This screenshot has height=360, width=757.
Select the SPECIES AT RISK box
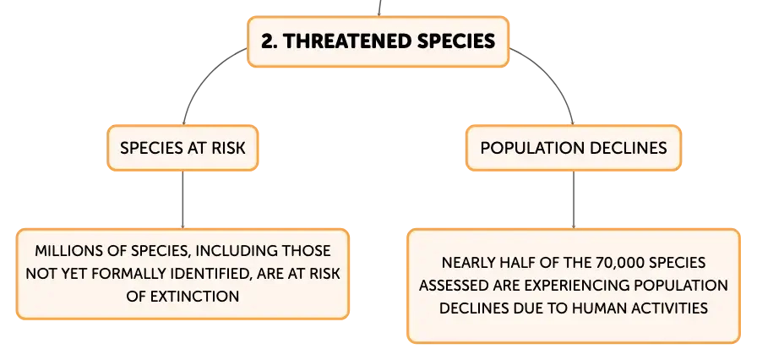[x=182, y=148]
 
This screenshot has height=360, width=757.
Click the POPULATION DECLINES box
[x=574, y=148]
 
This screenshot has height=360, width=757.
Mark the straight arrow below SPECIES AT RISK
[x=182, y=199]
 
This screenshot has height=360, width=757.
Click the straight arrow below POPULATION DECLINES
[x=574, y=199]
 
